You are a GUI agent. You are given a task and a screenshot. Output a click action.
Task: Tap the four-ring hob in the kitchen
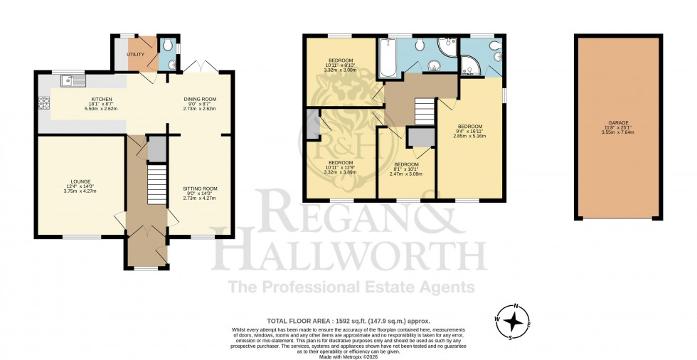click(x=44, y=104)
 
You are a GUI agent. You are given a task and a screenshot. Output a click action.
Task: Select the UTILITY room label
click(x=136, y=54)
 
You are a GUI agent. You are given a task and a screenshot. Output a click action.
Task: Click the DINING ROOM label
click(x=199, y=99)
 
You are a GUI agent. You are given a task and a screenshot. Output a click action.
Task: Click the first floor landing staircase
click(x=424, y=112)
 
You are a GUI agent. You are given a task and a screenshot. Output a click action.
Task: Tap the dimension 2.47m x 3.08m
click(x=408, y=174)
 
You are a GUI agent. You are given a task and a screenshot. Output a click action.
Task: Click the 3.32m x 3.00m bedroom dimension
click(x=340, y=70)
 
